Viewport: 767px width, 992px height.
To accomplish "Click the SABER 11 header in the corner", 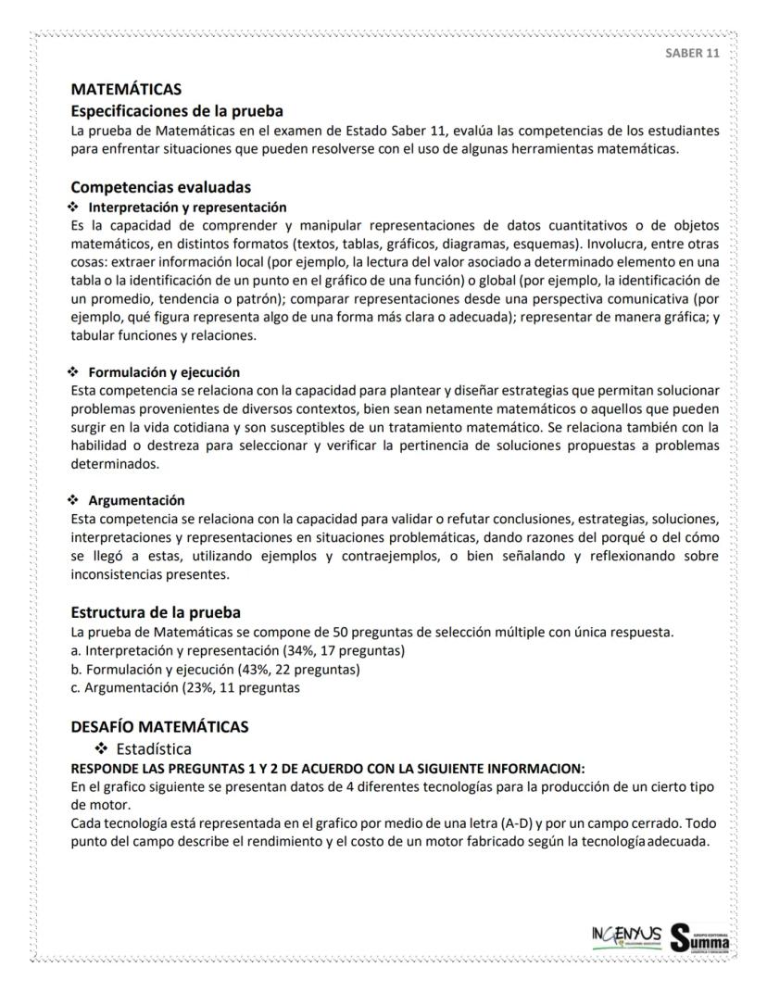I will click(692, 53).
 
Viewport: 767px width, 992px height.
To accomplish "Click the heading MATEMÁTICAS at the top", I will click(126, 90).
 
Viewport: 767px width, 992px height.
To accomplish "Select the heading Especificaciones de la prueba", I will click(177, 111).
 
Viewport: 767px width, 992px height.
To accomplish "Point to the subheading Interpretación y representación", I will click(187, 207).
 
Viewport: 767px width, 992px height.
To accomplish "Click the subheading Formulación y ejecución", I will click(164, 371).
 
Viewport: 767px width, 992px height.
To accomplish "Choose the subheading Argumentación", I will click(136, 500).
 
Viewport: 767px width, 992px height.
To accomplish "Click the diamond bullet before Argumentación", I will click(75, 500).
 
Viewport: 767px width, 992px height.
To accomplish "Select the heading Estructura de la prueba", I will click(156, 612).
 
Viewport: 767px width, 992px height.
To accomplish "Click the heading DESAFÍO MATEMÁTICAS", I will click(159, 727).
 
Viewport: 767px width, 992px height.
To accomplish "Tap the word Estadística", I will click(154, 748).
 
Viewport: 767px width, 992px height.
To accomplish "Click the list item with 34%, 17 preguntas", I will click(237, 650).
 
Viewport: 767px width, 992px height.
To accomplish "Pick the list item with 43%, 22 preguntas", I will click(215, 669).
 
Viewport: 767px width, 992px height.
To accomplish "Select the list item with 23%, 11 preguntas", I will click(185, 687).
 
